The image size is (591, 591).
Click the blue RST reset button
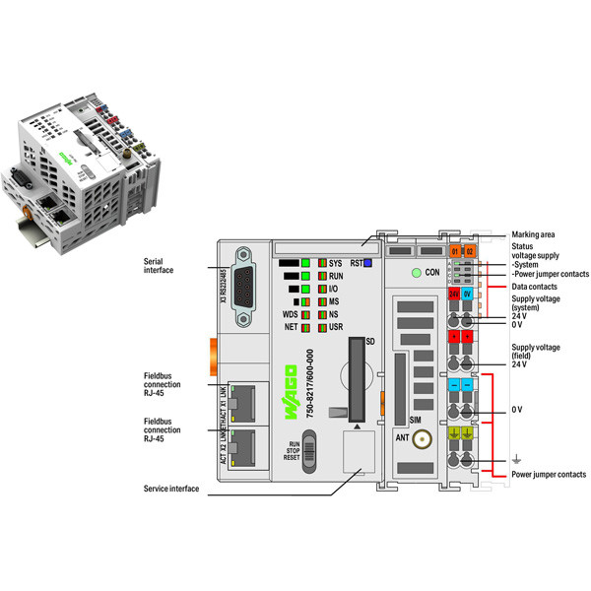coord(366,263)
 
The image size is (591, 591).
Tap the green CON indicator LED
coord(418,272)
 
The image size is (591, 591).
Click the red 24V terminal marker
coord(454,294)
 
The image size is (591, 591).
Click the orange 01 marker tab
coord(454,253)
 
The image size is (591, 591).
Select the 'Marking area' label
coord(533,234)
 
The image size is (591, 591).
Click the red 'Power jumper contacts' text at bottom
coord(548,475)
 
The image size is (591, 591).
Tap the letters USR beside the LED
coord(336,326)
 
